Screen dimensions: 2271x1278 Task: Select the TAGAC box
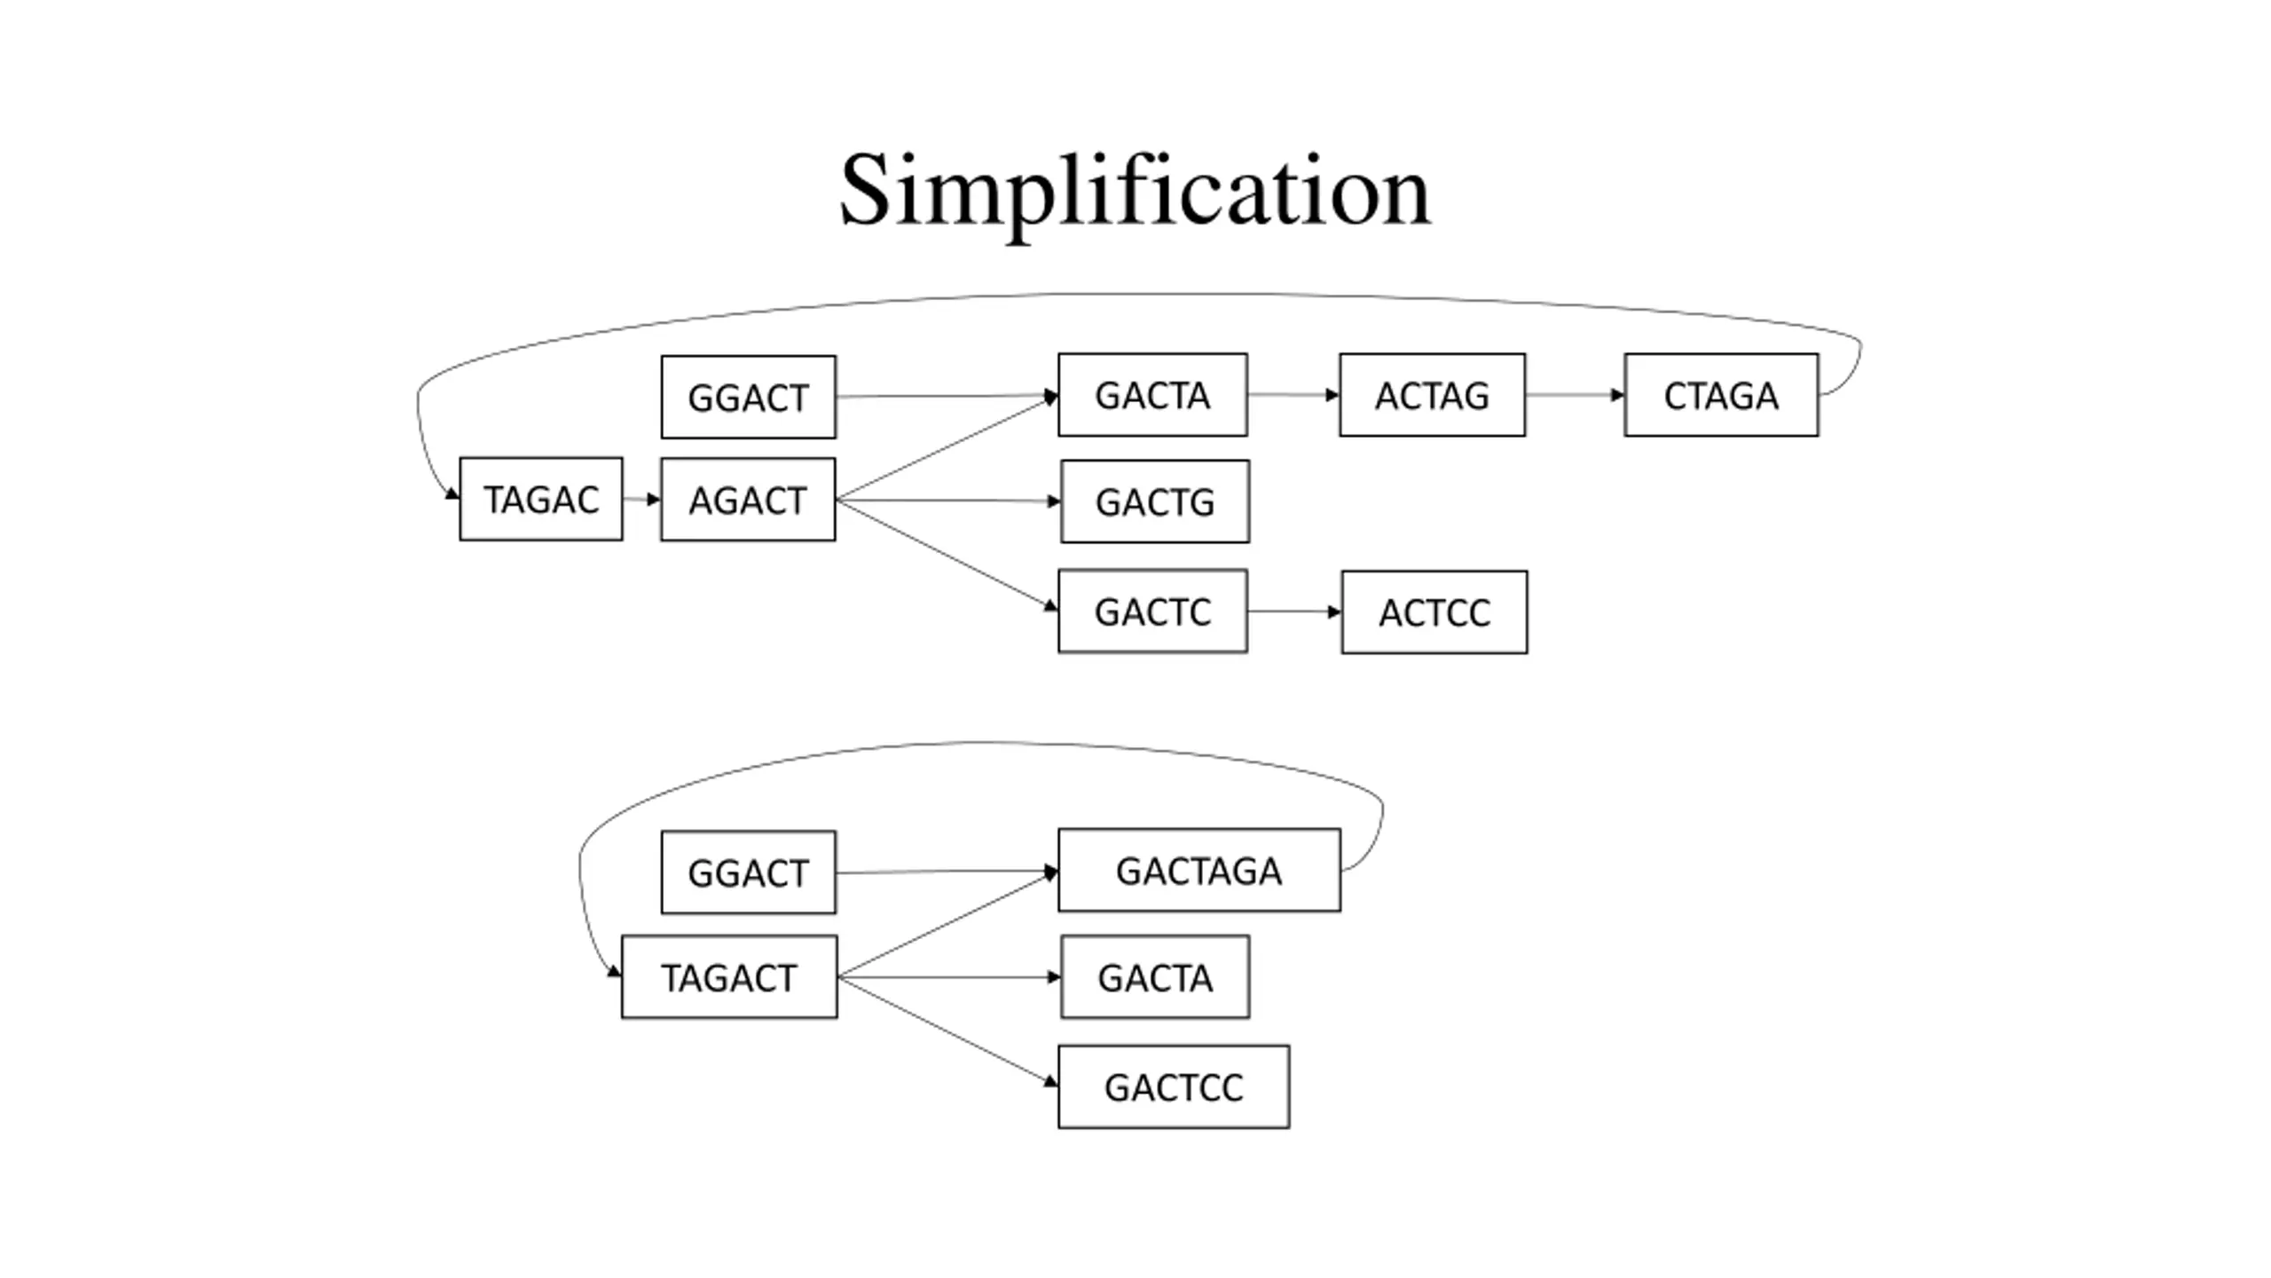click(541, 499)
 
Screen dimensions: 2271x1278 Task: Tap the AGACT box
click(748, 500)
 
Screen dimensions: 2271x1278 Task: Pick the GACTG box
click(1155, 501)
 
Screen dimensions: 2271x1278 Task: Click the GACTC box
click(1152, 611)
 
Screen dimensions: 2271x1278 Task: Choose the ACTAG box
click(1433, 395)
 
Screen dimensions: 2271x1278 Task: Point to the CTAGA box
click(1721, 395)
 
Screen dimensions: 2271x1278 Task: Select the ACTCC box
click(1434, 612)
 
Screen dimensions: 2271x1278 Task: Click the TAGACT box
click(729, 977)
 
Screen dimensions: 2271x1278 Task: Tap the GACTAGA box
click(1199, 870)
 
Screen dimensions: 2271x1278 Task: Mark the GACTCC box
click(1174, 1087)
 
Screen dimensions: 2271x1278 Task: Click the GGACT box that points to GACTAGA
click(748, 872)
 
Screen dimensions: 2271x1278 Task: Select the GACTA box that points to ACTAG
click(1152, 395)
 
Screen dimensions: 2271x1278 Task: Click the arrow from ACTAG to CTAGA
click(1576, 395)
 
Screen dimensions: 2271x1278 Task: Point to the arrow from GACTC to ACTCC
click(1294, 611)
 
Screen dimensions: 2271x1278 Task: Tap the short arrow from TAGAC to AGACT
click(641, 500)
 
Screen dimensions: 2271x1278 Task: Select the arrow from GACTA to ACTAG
click(1293, 395)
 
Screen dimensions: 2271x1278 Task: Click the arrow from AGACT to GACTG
click(948, 501)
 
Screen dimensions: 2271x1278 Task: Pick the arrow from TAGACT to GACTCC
click(947, 1030)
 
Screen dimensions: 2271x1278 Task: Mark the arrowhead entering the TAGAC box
click(452, 493)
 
